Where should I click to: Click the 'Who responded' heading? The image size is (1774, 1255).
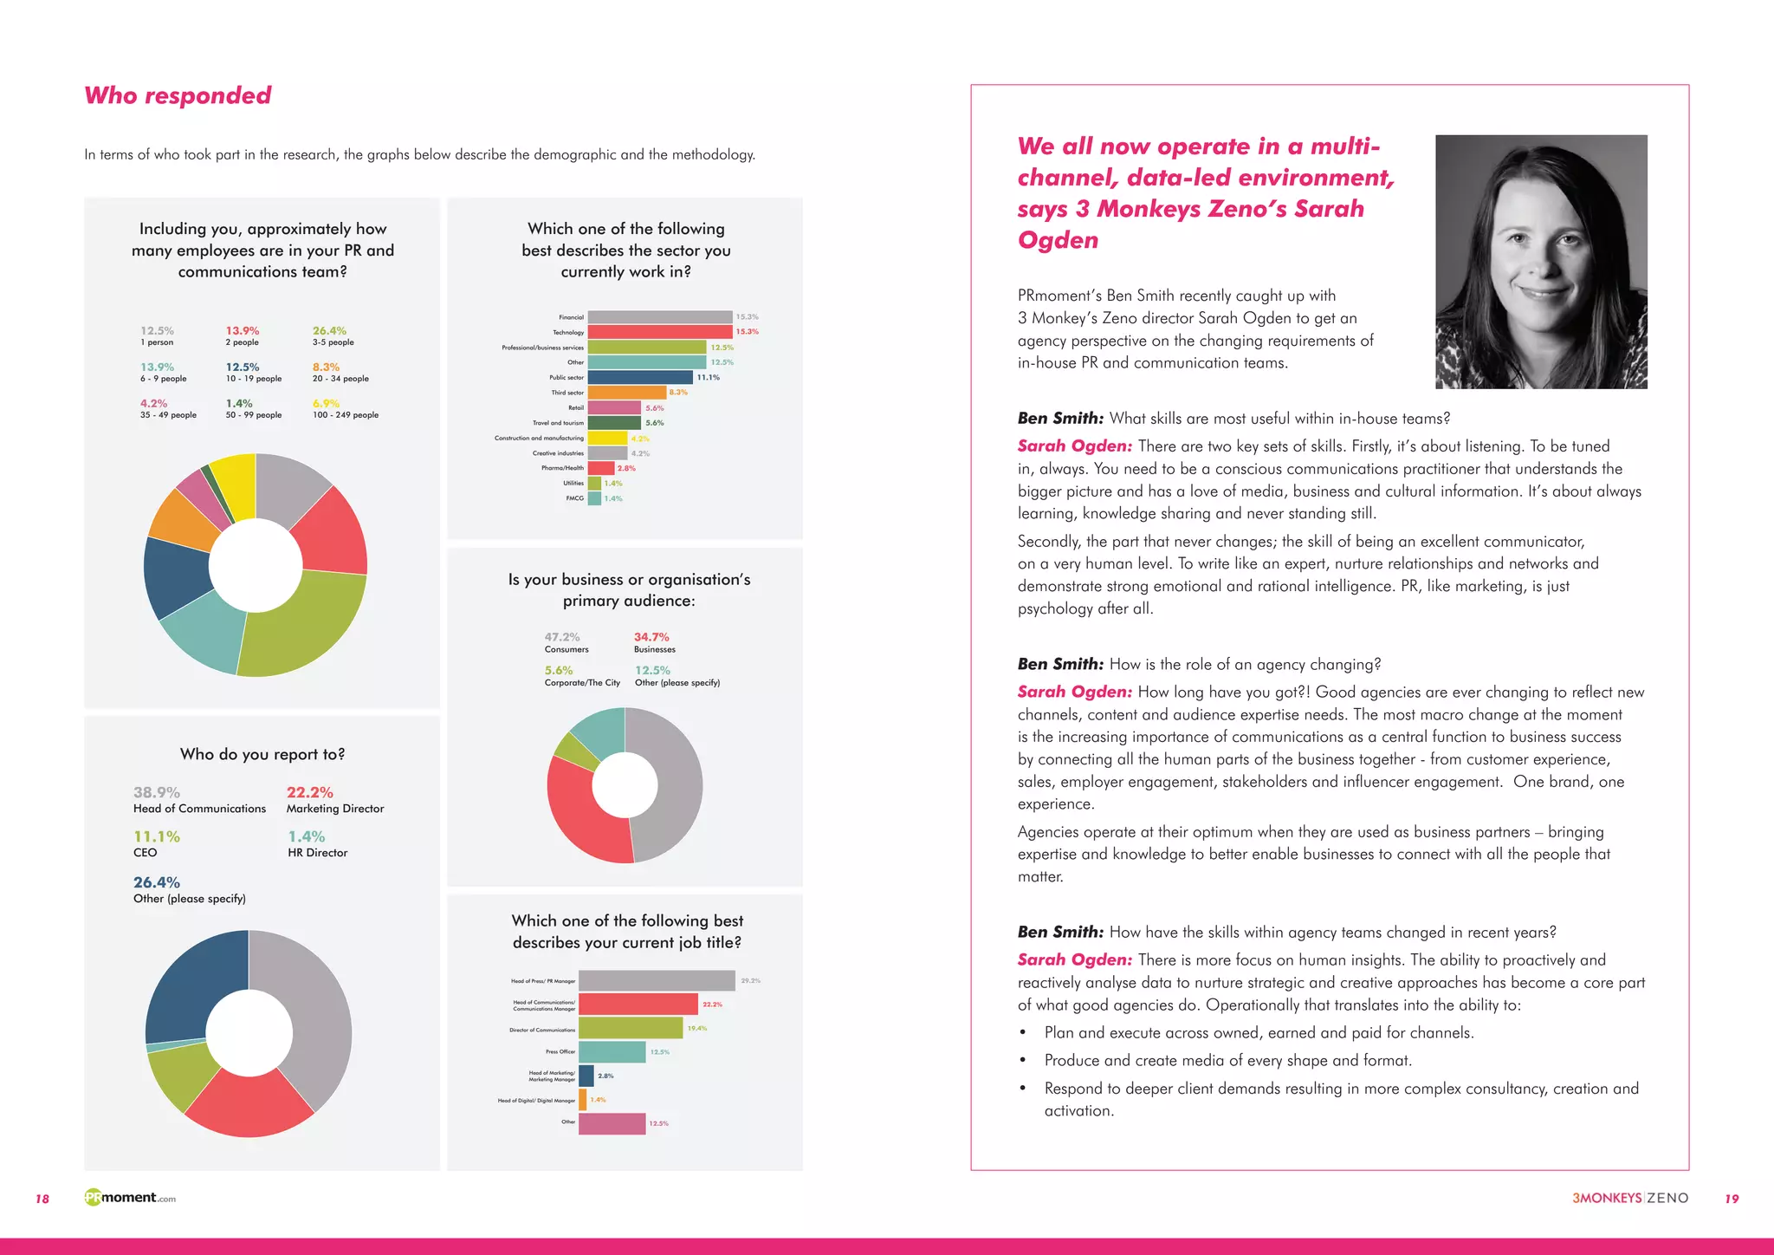(178, 95)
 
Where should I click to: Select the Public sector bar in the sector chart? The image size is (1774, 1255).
(640, 377)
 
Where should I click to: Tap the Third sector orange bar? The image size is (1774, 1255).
(626, 393)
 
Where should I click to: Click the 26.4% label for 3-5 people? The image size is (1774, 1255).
(329, 331)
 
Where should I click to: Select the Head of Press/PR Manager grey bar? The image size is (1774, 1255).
(657, 980)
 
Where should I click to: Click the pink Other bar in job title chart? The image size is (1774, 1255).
(612, 1123)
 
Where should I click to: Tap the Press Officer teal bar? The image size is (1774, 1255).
(612, 1051)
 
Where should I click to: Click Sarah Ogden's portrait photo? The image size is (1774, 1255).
(1541, 261)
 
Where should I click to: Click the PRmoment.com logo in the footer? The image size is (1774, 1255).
(130, 1198)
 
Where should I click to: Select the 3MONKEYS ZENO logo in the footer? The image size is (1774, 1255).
(1629, 1198)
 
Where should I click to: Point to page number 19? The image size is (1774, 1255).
(1731, 1199)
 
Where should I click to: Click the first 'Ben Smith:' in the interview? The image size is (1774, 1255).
(1060, 419)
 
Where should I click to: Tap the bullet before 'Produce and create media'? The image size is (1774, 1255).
(1023, 1061)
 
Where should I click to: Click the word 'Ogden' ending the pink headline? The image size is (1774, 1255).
(1058, 240)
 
